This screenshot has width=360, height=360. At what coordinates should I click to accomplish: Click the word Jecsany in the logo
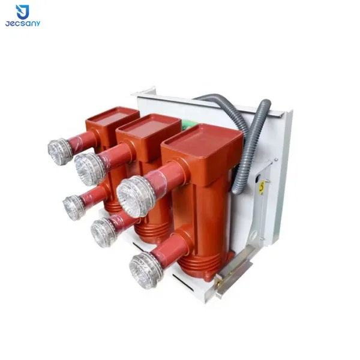point(23,23)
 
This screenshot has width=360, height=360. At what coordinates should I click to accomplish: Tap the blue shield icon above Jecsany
point(23,12)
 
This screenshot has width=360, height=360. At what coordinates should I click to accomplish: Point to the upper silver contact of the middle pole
point(89,169)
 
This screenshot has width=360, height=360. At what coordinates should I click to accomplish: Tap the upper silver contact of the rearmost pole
point(59,151)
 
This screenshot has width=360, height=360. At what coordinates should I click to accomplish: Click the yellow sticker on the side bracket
point(262,188)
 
